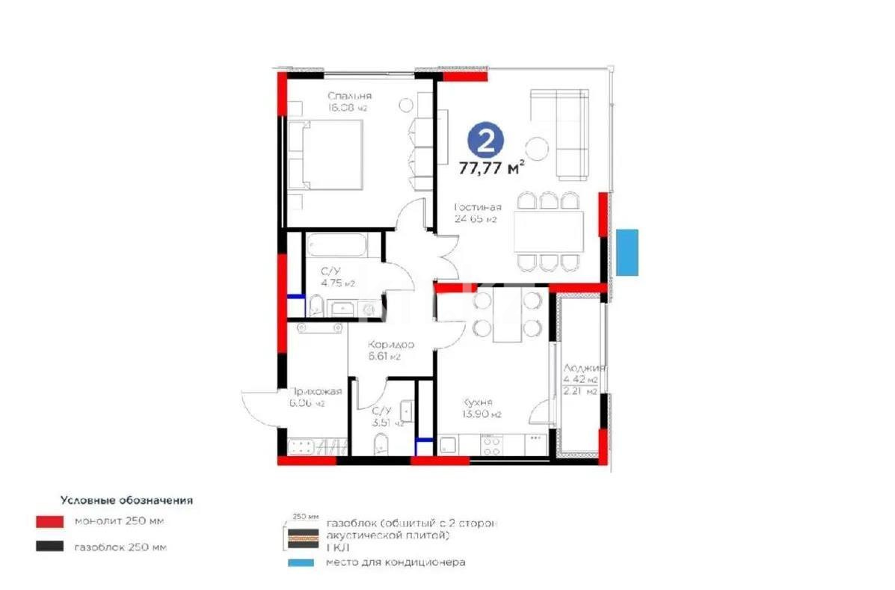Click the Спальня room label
click(349, 96)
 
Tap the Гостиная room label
click(478, 207)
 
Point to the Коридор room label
click(390, 345)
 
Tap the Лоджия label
click(584, 369)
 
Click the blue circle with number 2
click(486, 141)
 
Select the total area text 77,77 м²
click(491, 168)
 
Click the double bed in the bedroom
click(326, 155)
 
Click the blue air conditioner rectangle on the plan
click(627, 252)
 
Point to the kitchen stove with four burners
click(492, 446)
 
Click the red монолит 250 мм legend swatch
click(49, 520)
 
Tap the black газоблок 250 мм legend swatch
click(49, 547)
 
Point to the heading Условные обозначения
click(126, 500)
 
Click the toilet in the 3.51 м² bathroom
click(380, 442)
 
